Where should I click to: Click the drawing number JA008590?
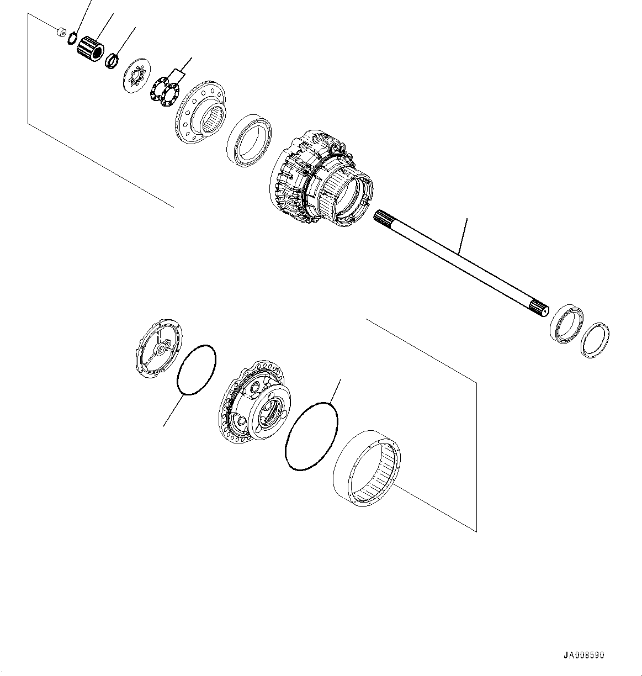click(x=583, y=656)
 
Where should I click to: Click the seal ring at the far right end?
click(x=595, y=340)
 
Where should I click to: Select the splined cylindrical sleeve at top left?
click(x=91, y=49)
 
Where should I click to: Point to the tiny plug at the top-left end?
click(x=62, y=32)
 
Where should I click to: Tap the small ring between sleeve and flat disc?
click(x=112, y=59)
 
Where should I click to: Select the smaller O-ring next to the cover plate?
click(x=197, y=370)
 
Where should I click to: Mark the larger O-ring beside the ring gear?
click(x=311, y=436)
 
